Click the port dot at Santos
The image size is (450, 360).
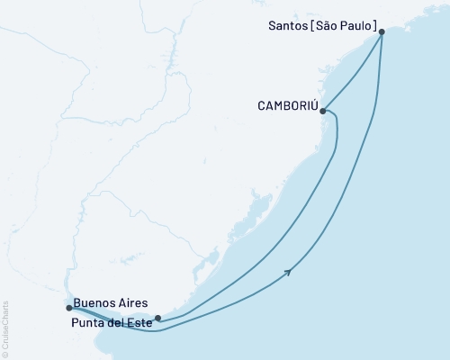pos(382,31)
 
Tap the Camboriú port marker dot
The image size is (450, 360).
pos(323,112)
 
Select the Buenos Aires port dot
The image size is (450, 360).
pos(68,308)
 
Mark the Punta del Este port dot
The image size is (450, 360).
pos(157,318)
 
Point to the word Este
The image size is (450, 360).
pos(139,320)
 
